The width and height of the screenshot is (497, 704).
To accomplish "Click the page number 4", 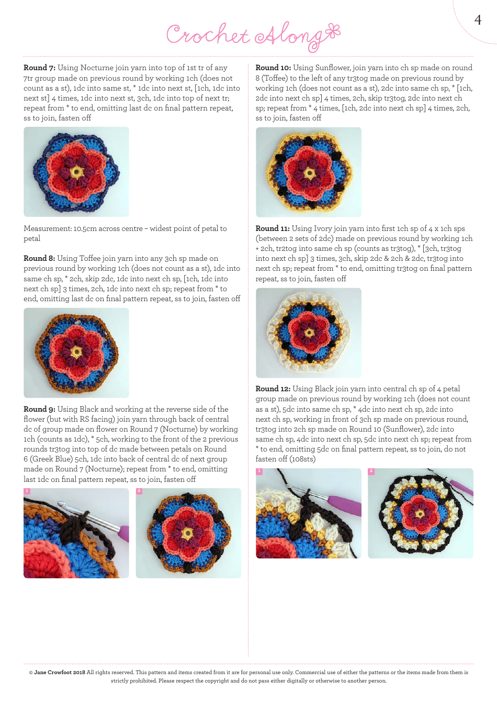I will coord(478,20).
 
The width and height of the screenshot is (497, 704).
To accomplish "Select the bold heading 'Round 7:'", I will coord(39,68).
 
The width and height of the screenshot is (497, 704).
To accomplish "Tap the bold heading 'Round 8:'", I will coord(39,259).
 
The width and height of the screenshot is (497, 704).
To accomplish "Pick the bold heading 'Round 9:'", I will coord(39,410).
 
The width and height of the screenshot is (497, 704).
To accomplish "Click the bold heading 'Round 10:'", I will coord(273,68).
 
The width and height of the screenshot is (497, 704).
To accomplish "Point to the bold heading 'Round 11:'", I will coord(273,229).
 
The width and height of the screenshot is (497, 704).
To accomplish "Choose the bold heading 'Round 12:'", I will coord(273,389).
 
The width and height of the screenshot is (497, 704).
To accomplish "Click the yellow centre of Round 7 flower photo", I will coord(77,172).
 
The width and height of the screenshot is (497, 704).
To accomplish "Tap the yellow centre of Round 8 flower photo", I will coord(77,352).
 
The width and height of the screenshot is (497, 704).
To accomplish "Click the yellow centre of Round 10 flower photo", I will coord(310,173).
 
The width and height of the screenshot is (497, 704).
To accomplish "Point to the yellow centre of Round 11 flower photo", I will coord(309,333).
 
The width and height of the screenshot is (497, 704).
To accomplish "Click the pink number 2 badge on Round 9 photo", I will coord(139,491).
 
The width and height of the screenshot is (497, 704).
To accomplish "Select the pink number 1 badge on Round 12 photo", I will coord(259,471).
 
